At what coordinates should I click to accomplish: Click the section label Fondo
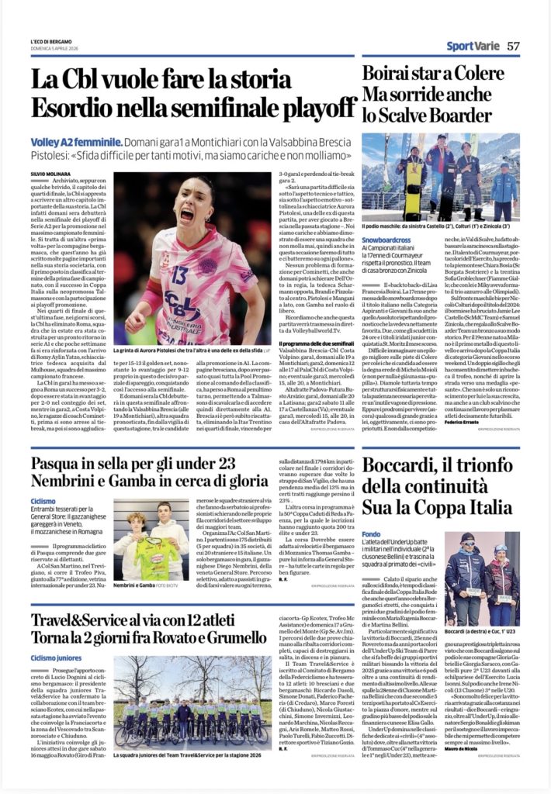(371, 513)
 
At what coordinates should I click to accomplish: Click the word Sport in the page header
(461, 47)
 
